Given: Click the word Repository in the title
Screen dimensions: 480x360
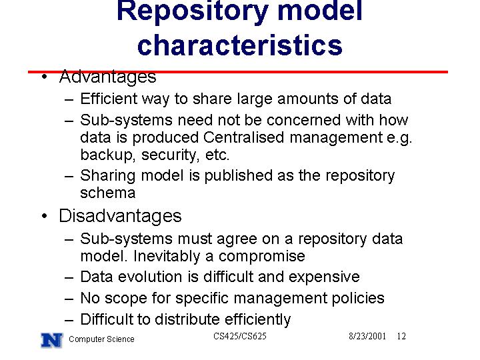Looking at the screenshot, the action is tap(193, 11).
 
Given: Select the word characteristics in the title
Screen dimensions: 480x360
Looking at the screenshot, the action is tap(240, 45).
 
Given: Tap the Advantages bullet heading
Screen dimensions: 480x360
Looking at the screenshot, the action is tap(107, 76).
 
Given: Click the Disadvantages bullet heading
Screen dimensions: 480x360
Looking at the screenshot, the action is tap(120, 216).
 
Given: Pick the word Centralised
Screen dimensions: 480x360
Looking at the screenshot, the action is tap(244, 137).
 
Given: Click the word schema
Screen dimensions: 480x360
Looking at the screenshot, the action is tap(108, 193).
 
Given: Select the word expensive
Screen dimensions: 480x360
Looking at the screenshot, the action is tap(324, 277).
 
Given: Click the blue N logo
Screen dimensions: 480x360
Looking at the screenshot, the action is tap(52, 340).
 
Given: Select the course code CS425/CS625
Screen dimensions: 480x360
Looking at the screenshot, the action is tap(240, 336).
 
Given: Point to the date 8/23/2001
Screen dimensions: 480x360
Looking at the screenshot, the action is tap(367, 336).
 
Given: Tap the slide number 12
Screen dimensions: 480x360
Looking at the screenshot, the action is tap(401, 336).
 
